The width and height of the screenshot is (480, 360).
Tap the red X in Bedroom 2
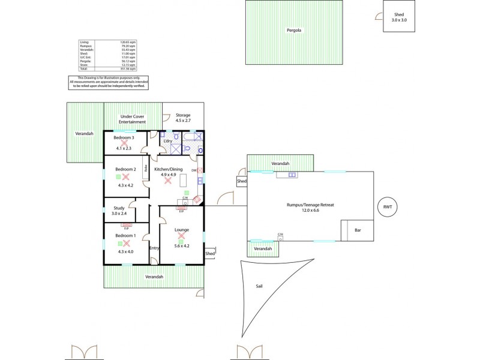coord(126,177)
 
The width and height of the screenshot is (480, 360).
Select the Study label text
coord(119,208)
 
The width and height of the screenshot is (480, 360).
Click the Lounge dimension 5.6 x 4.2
coord(182,245)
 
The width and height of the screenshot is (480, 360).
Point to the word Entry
coord(154,248)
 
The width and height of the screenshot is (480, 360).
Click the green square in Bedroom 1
coord(119,244)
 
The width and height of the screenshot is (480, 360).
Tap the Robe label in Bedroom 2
coord(146,169)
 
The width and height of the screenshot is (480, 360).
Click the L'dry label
coord(168,140)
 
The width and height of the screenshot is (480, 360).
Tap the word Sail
coord(259,287)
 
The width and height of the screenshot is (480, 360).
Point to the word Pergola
coord(294,29)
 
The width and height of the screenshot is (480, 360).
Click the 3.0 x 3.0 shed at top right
coord(398,17)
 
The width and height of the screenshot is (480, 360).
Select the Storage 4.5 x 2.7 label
coord(183,118)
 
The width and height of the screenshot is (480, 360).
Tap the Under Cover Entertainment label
coord(133,119)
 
